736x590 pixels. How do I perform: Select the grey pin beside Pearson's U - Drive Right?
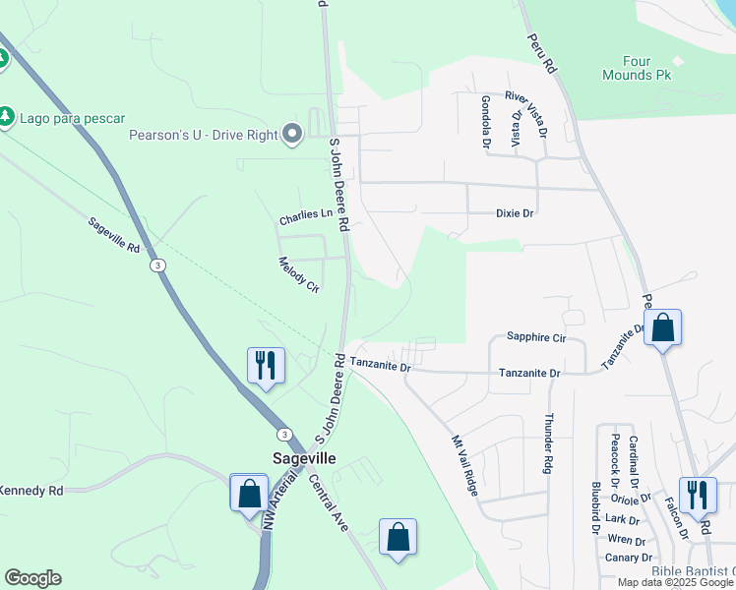click(x=291, y=135)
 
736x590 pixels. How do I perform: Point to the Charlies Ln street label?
click(x=306, y=214)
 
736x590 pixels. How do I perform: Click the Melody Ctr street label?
click(x=300, y=275)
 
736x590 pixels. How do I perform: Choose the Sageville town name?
click(x=304, y=458)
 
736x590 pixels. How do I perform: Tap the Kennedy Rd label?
click(x=30, y=490)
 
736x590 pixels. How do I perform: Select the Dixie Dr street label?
click(x=514, y=212)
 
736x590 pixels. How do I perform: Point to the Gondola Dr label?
click(x=485, y=121)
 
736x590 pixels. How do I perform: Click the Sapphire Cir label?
click(x=536, y=337)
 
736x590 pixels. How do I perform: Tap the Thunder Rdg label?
click(x=549, y=442)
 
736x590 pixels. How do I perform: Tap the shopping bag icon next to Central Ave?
click(x=398, y=537)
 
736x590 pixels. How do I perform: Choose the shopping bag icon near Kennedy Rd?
click(x=249, y=492)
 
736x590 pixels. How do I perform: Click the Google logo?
click(x=33, y=578)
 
